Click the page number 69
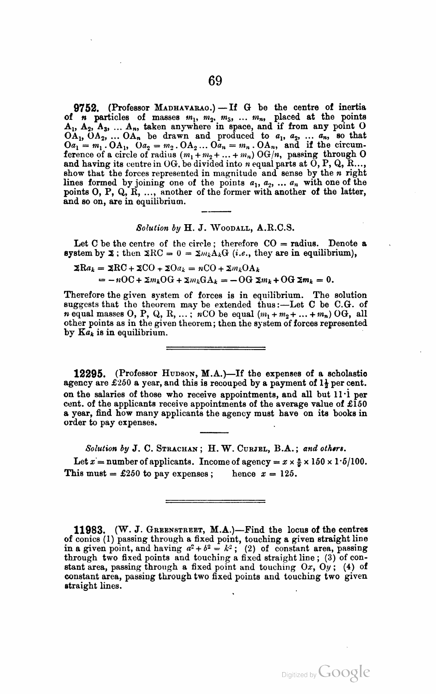click(215, 80)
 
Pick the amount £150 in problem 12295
click(357, 404)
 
